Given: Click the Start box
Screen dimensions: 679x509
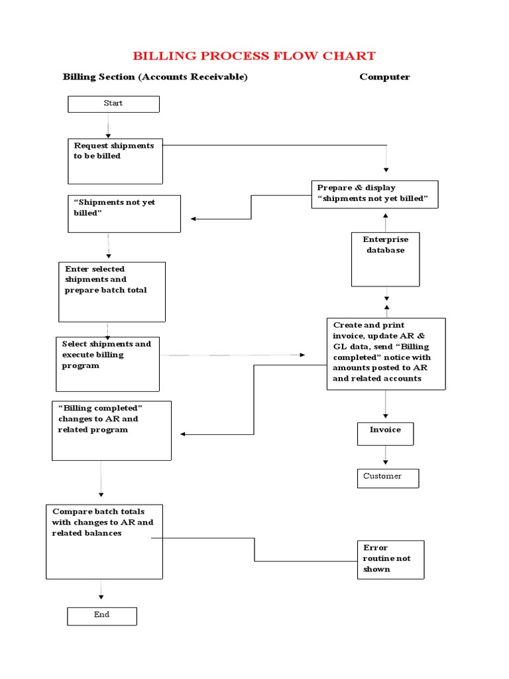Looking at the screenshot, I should [x=113, y=104].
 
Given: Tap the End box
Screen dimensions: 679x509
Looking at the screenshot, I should [x=101, y=616].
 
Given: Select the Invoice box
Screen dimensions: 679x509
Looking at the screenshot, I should [x=385, y=433].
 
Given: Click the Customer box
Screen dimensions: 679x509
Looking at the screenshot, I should [x=388, y=478].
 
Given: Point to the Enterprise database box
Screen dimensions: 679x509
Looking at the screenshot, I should [x=385, y=259].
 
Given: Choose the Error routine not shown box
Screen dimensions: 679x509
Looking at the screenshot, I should [x=390, y=559].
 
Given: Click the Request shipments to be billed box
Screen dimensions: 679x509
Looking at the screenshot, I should [x=115, y=160].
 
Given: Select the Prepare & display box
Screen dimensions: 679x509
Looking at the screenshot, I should [x=374, y=194].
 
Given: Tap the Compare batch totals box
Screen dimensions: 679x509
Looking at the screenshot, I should [x=104, y=541].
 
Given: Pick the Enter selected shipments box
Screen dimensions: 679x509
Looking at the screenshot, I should [x=112, y=291].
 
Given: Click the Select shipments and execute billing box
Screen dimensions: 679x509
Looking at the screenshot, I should [x=107, y=363].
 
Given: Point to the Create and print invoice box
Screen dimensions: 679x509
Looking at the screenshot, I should [x=386, y=353].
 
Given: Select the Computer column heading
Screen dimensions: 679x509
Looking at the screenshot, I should [x=384, y=77].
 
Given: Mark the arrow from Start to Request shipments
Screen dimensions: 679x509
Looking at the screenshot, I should [x=107, y=125].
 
